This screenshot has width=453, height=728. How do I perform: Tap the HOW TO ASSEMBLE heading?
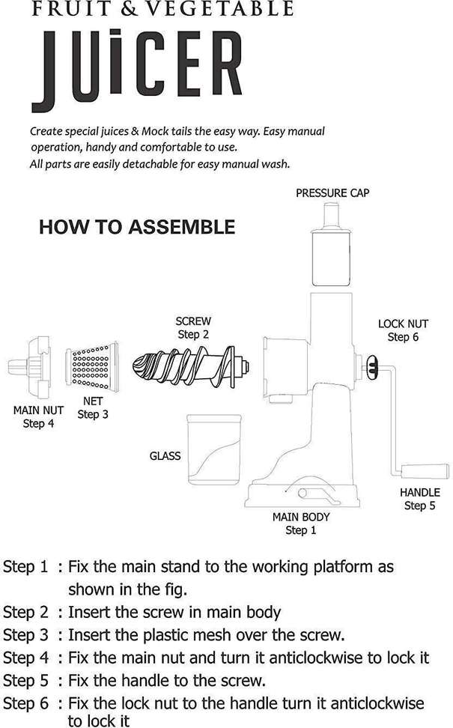coord(137,227)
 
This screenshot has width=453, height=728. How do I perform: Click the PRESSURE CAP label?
coord(332,192)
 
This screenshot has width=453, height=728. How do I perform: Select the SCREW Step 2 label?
coord(193,328)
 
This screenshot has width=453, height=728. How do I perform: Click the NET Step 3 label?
coord(93,407)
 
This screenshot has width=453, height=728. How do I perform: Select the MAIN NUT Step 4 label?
coord(38,416)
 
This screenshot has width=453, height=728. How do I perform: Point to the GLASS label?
coord(165,455)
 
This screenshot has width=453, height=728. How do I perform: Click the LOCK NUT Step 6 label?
coord(403,330)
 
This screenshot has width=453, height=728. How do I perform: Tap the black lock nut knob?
coord(372,368)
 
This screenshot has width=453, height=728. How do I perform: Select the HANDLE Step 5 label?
coord(419,499)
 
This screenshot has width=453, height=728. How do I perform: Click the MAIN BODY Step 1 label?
coord(301,524)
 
